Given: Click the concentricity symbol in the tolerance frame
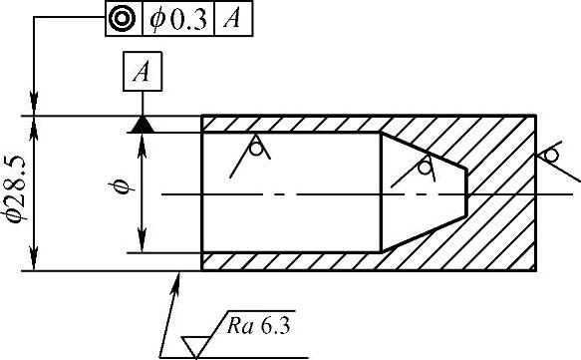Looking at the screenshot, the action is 123,19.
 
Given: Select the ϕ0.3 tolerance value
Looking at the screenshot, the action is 177,20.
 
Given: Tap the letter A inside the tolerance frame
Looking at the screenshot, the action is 232,18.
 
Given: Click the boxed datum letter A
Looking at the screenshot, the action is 143,71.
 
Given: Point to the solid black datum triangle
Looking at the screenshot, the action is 143,125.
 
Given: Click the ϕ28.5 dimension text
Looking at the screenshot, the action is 15,189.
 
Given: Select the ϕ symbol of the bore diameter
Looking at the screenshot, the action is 122,187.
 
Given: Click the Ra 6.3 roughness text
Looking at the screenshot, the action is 259,326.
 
